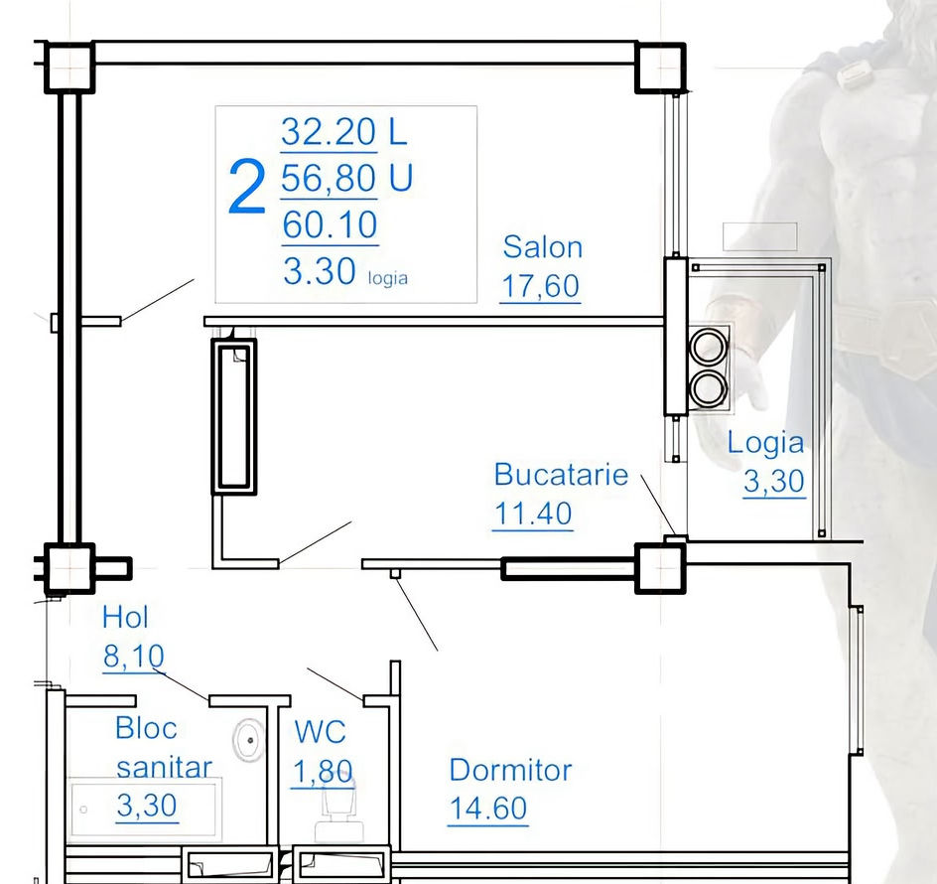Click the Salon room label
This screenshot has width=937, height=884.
[x=543, y=247]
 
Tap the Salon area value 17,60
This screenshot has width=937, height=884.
[x=540, y=286]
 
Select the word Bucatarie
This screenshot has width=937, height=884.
[x=561, y=475]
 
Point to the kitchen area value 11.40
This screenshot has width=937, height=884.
[x=533, y=514]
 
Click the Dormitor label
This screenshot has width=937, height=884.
[x=510, y=771]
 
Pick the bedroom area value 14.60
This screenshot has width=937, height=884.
[x=487, y=809]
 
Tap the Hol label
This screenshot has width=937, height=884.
[x=125, y=617]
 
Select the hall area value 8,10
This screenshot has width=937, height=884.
[x=134, y=657]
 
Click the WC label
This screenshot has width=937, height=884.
[x=320, y=732]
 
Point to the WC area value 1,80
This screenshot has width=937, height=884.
[x=323, y=772]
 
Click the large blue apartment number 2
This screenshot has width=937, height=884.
[x=246, y=187]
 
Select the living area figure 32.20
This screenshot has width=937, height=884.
[x=329, y=131]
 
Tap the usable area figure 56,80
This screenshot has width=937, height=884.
[x=329, y=178]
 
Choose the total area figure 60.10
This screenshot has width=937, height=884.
[x=330, y=224]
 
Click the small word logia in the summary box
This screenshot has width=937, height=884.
[x=388, y=278]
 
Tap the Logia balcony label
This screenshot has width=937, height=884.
[x=765, y=443]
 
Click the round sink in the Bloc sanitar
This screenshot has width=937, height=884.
[x=248, y=740]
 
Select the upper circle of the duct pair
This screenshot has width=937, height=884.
[x=709, y=347]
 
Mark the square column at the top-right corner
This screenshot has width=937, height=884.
[x=660, y=68]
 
